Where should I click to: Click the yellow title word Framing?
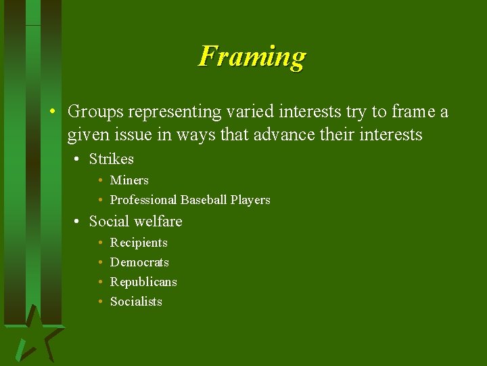[x=252, y=56]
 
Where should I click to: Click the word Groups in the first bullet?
[x=92, y=111]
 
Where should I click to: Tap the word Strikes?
[x=112, y=159]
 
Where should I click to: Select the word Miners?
[x=129, y=180]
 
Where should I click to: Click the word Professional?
[x=143, y=200]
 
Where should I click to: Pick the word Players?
[x=250, y=200]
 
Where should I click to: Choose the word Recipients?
[x=139, y=243]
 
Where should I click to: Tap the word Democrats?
[x=139, y=262]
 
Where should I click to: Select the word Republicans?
[x=143, y=282]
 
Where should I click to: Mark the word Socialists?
[x=136, y=302]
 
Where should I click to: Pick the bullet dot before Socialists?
[x=99, y=302]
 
